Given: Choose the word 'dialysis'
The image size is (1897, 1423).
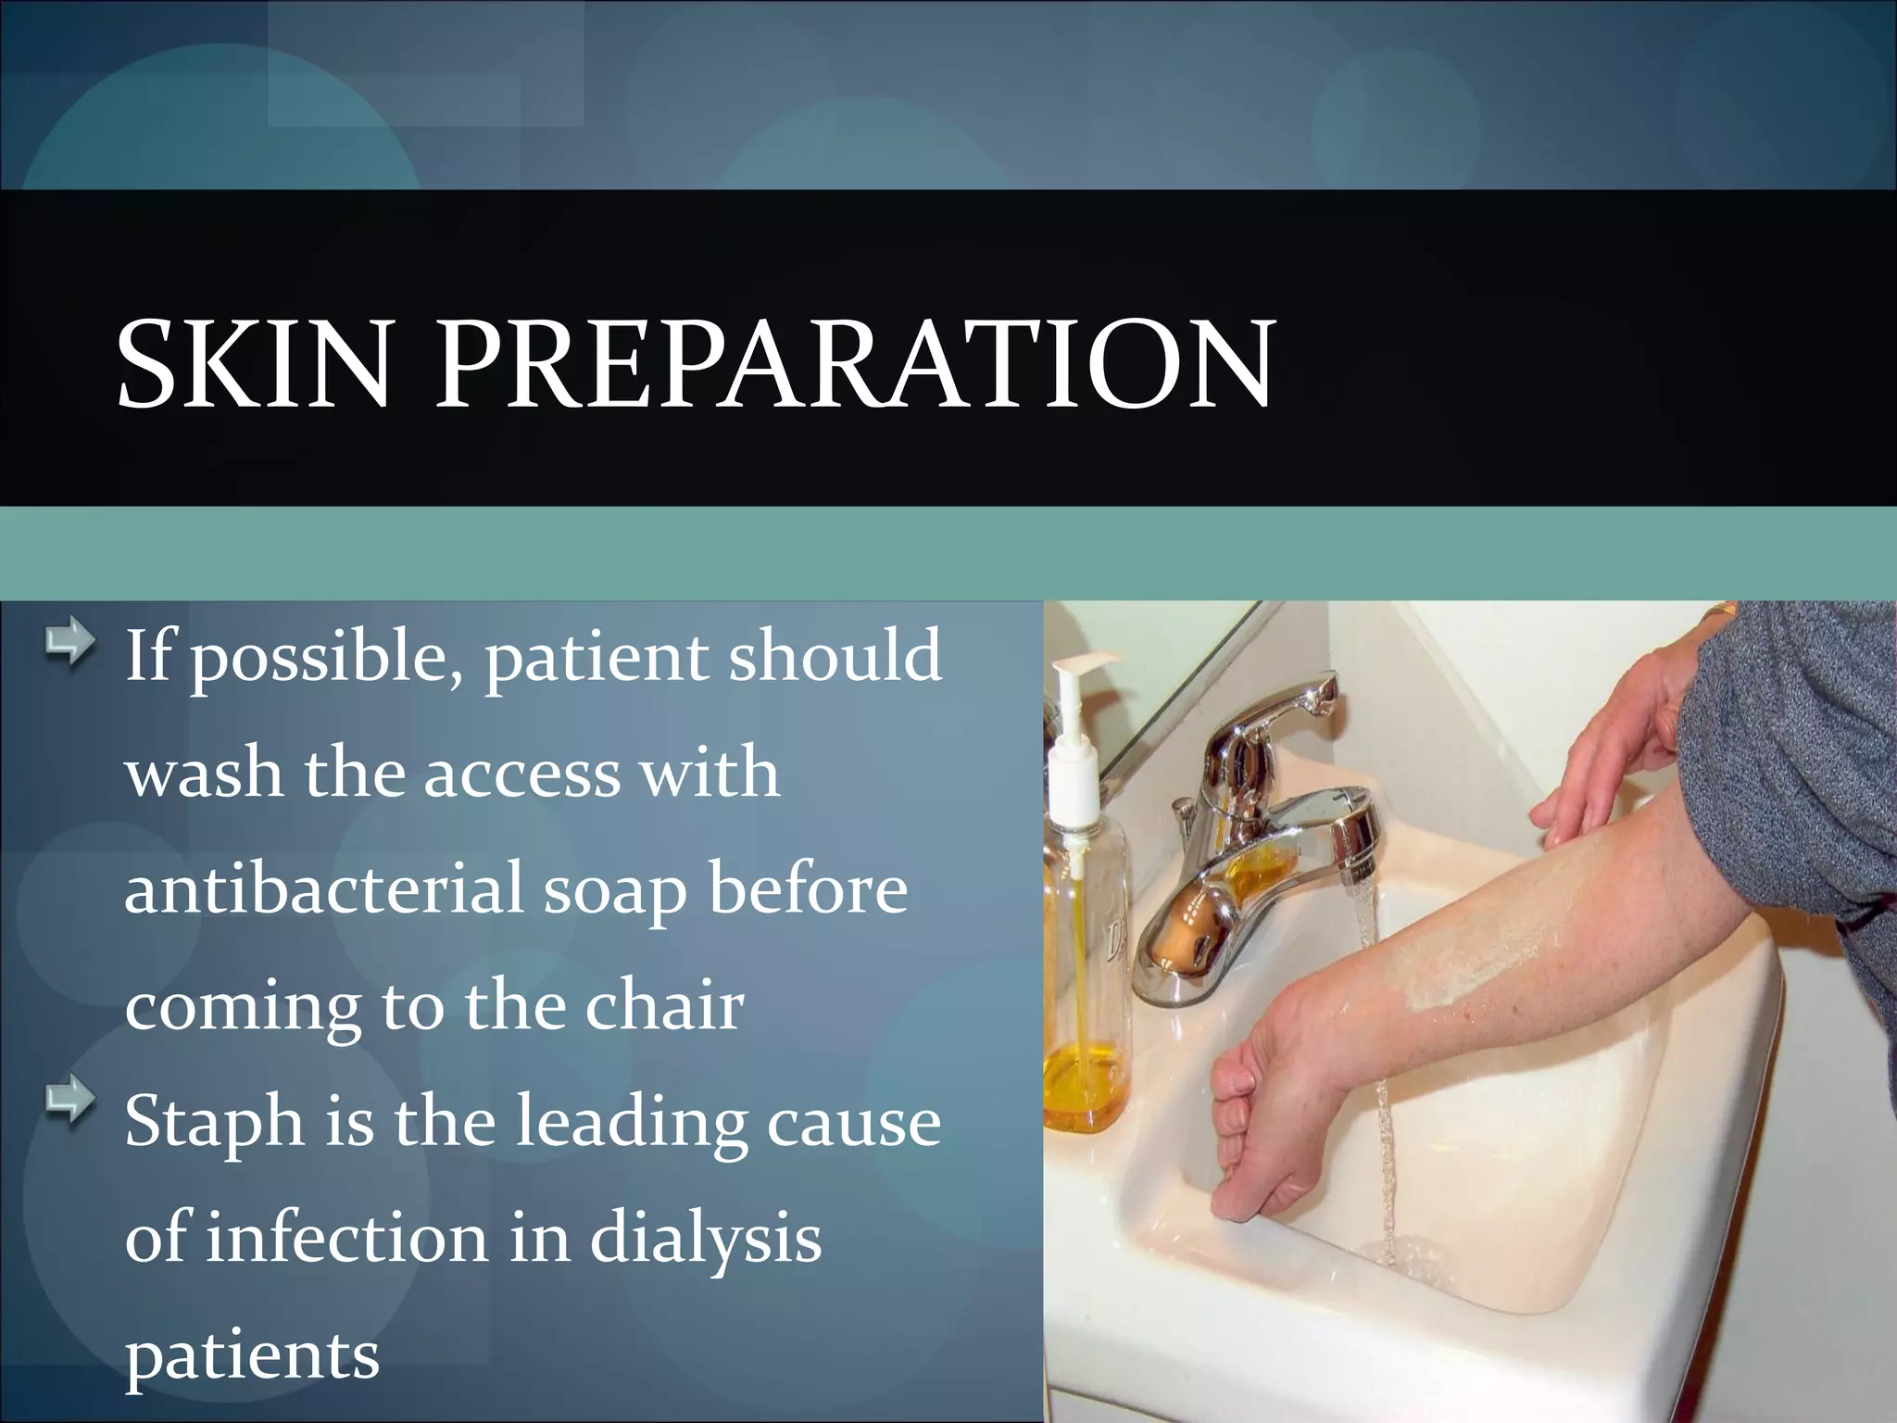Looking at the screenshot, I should pos(706,1238).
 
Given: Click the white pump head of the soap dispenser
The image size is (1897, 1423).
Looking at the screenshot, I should pos(1083,671).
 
